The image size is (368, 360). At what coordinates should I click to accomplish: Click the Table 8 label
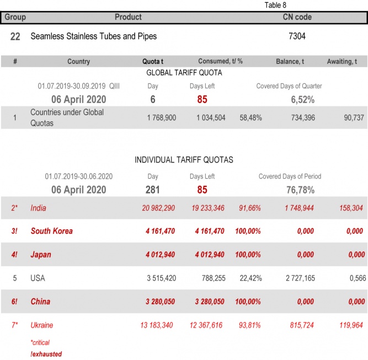coord(275,5)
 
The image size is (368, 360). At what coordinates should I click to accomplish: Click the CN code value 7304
coord(297,36)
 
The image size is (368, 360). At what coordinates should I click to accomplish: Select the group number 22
coord(15,36)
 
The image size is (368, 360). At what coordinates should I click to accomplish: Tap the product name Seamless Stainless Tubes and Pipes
coord(93,36)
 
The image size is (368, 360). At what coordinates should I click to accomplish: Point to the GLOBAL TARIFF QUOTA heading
coord(184,72)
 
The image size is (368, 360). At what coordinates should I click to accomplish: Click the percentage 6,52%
coord(302,100)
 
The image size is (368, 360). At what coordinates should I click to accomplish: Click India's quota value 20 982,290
coord(159,208)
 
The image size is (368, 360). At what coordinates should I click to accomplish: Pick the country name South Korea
coord(51,231)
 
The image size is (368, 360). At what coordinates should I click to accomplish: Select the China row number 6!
coord(15,302)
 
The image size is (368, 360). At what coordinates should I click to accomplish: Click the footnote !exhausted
coord(46,354)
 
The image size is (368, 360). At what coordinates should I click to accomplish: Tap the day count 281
coord(153,190)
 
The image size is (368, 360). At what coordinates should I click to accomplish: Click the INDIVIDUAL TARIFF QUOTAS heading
coord(184,160)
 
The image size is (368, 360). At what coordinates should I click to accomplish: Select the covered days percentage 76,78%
coord(300,190)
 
